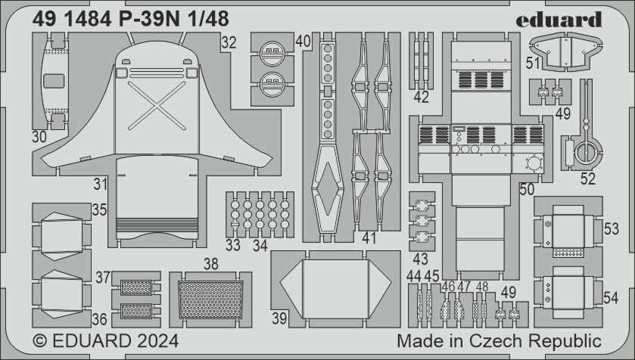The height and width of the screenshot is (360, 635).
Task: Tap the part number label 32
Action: point(229,43)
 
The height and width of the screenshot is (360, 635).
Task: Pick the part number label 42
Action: point(422,97)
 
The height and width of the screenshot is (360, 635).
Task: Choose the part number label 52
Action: point(588,178)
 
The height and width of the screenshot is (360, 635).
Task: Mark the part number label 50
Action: point(528,188)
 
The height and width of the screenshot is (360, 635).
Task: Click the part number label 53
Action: point(611,229)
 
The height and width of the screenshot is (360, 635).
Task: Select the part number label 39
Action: point(280,319)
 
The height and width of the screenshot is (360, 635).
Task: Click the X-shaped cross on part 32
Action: point(156,104)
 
